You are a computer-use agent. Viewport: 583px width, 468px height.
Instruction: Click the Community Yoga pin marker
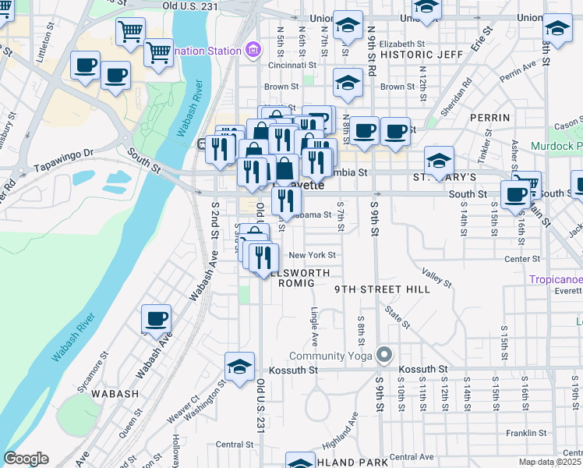click(x=383, y=355)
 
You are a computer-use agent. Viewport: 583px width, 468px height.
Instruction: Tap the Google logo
click(x=26, y=459)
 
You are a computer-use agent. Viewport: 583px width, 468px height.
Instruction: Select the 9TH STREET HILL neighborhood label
click(x=382, y=289)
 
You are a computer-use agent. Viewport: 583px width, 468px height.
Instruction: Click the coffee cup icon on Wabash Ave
click(x=156, y=318)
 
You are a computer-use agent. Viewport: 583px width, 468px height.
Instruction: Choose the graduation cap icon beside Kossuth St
click(x=239, y=366)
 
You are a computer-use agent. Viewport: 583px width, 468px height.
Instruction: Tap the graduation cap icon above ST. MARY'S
click(x=440, y=161)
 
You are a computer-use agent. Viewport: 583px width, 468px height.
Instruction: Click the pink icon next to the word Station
click(x=251, y=51)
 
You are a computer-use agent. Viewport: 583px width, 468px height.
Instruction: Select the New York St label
click(x=312, y=255)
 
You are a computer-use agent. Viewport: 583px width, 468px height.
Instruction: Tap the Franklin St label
click(x=525, y=433)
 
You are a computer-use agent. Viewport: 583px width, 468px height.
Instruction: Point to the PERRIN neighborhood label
click(x=489, y=118)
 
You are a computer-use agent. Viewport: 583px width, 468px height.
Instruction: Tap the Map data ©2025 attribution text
click(x=549, y=462)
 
